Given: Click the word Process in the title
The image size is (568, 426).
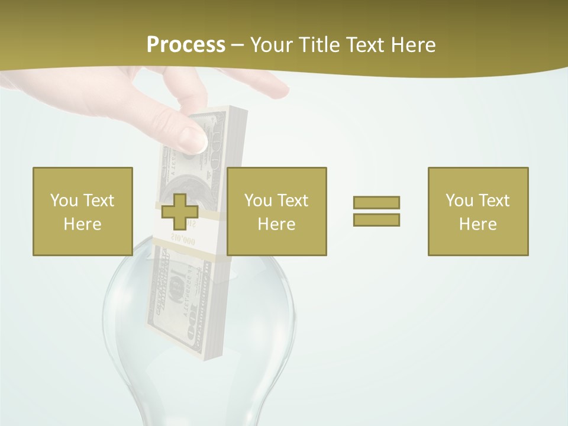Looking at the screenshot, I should (x=186, y=45).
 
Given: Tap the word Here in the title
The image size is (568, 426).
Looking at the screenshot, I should (x=413, y=45).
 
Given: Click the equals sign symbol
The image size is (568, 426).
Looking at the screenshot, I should (x=376, y=211).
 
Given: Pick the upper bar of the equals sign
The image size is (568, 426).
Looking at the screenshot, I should (x=376, y=202).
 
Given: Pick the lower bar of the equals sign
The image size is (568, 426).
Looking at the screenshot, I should (x=376, y=220).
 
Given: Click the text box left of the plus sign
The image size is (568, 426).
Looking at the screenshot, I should (x=83, y=211).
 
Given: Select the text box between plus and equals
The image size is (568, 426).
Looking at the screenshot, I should (x=277, y=211).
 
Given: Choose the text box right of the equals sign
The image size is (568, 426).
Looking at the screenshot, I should (x=478, y=211).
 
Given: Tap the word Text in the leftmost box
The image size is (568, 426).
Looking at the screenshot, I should (x=98, y=201).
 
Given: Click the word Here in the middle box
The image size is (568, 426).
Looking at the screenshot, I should (x=277, y=224).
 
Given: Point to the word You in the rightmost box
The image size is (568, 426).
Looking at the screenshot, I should (x=459, y=201).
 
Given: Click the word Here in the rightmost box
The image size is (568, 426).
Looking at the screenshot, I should (x=478, y=224).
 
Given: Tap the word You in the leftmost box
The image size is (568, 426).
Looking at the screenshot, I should (x=64, y=201).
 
